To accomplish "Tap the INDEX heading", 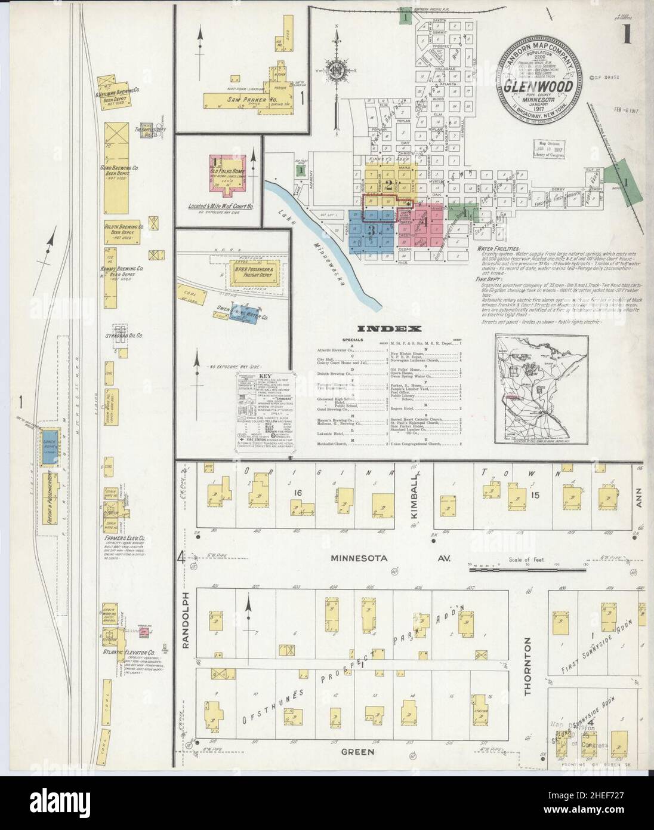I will coord(390,328).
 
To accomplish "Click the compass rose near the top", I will coord(337,69).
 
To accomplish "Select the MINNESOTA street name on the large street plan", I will coord(359,558).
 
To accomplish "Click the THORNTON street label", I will coord(527,666).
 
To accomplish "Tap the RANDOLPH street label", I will coord(186,621).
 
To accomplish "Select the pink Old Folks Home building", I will coord(227,173).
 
